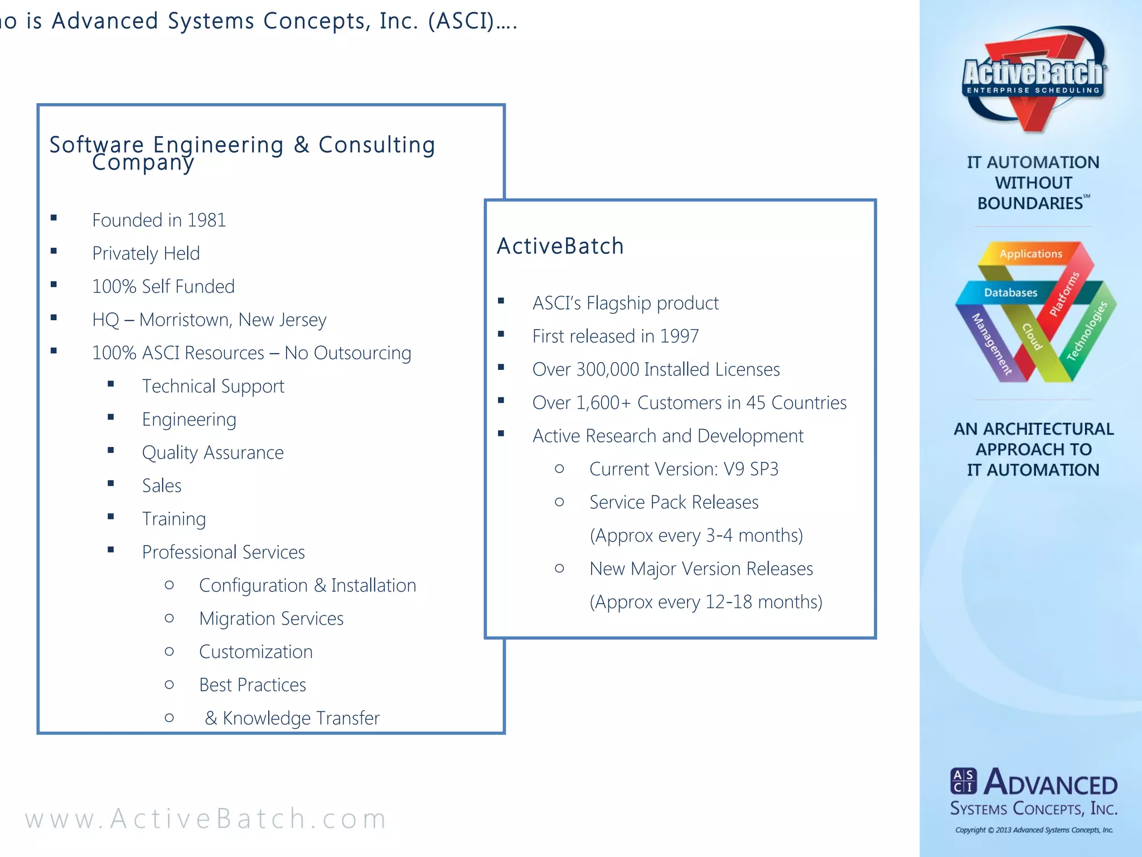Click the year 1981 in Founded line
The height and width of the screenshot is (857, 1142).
tap(206, 220)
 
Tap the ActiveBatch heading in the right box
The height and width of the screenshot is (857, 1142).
tap(560, 246)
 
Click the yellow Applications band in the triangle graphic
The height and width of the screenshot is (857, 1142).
tap(1030, 254)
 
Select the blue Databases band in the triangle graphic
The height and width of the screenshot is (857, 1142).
tap(1010, 292)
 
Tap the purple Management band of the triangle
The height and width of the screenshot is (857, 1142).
tap(991, 344)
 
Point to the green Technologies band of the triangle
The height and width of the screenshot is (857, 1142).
tap(1087, 331)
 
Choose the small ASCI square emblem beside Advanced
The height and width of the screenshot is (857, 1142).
tap(963, 781)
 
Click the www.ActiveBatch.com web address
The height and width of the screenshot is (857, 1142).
tap(206, 819)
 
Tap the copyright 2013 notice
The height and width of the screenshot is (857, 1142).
tap(1034, 830)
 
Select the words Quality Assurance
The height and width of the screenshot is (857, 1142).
tap(212, 452)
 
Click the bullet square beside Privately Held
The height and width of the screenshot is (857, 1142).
tap(54, 251)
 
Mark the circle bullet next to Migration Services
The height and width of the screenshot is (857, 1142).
tap(170, 618)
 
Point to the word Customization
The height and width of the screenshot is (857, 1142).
tap(255, 652)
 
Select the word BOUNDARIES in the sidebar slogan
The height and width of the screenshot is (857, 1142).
tap(1029, 203)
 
